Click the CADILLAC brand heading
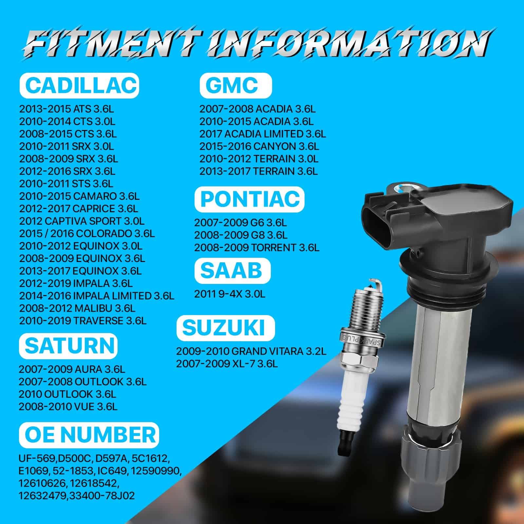pos(79,85)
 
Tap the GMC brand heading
pos(236,85)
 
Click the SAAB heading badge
pos(233,271)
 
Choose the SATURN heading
pos(68,346)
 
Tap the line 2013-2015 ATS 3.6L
pos(66,109)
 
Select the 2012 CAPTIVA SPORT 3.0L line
pos(82,221)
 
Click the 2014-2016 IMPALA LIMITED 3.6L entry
pos(97,296)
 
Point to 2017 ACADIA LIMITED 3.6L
pos(263,134)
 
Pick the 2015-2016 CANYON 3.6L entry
pos(259,146)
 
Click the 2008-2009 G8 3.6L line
pos(241,235)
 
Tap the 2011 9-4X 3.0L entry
pos(230,294)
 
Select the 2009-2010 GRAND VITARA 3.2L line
pos(252,351)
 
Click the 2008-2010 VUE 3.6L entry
pos(68,407)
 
